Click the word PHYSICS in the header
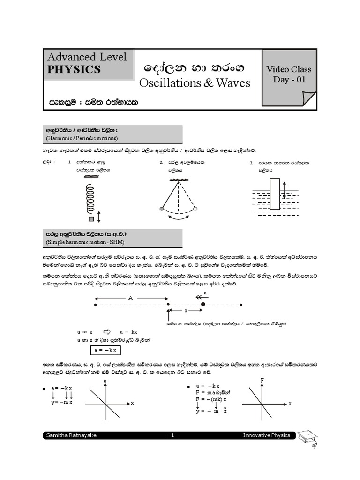pos(74,69)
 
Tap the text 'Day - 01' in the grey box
pos(289,79)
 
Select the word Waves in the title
pos(230,83)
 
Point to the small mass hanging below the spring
pos(91,219)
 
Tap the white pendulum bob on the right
pos(196,209)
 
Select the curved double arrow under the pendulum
pos(179,217)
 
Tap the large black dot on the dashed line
pos(203,305)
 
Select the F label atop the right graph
pos(262,380)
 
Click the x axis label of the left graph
pos(132,403)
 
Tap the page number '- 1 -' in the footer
pos(172,435)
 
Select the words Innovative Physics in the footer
pos(266,435)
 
